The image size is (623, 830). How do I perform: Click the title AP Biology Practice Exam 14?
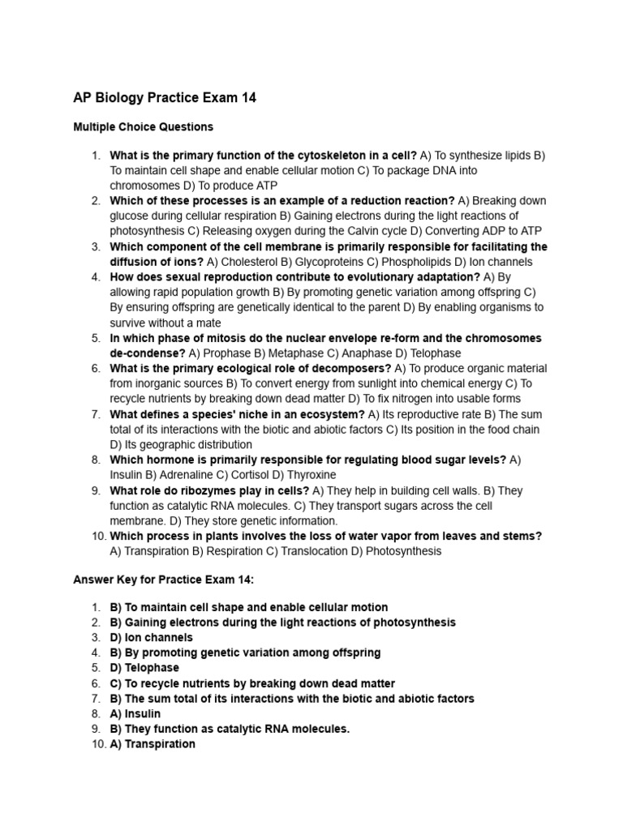[x=165, y=98]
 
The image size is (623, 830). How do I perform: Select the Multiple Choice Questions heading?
[x=143, y=126]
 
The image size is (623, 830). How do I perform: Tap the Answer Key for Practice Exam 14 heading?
[x=164, y=579]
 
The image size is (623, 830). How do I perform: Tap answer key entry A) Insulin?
[x=135, y=714]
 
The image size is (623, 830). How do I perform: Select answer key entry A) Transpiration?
[x=153, y=744]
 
